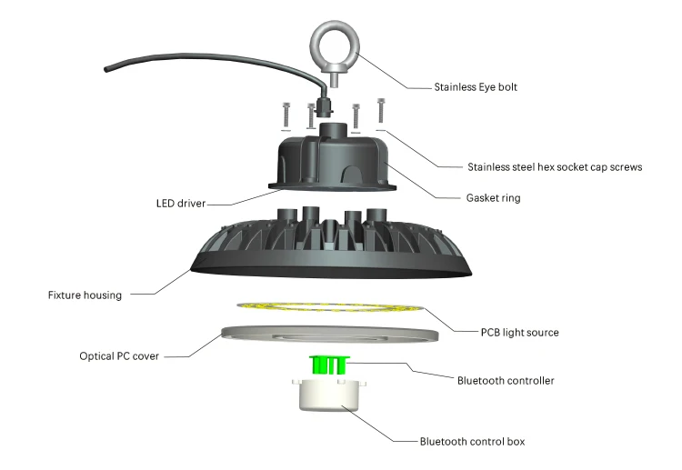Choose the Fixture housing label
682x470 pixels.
click(85, 295)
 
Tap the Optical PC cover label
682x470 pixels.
click(119, 356)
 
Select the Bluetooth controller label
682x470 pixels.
click(506, 380)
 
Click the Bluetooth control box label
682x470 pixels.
click(472, 441)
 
